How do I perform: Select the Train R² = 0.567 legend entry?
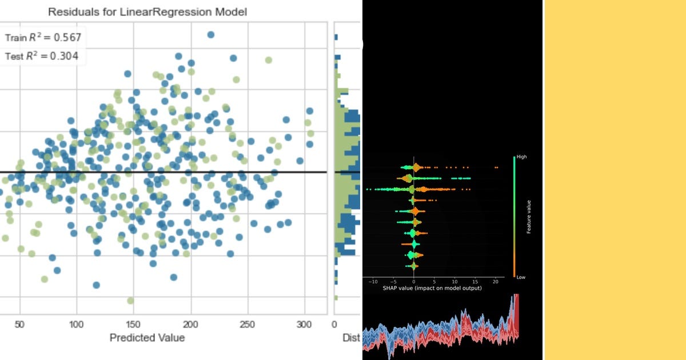point(43,38)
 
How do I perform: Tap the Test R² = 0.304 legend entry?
point(42,56)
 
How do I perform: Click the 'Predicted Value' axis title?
point(147,338)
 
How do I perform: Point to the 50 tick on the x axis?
point(20,324)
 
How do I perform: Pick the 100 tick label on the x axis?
point(77,324)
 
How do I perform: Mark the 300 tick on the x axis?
point(305,324)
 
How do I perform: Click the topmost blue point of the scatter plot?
point(210,35)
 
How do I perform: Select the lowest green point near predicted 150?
point(130,301)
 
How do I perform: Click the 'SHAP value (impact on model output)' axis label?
point(432,288)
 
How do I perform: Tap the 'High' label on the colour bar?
point(521,156)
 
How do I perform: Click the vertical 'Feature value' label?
point(529,217)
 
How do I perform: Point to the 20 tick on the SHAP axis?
point(495,282)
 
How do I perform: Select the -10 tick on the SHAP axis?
point(373,282)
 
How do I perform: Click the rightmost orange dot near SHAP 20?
point(497,167)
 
